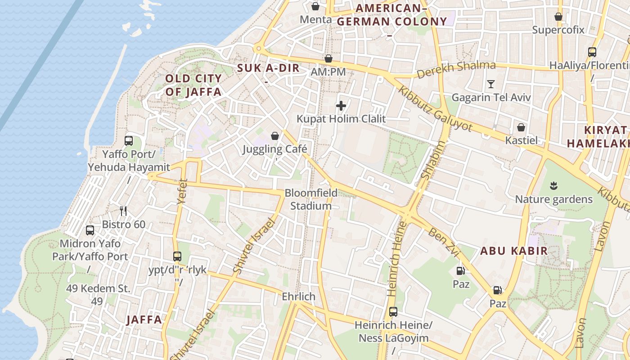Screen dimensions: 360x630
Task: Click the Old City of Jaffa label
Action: point(193,85)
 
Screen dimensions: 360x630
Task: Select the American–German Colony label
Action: point(391,15)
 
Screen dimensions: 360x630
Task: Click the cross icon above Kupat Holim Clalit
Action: point(341,106)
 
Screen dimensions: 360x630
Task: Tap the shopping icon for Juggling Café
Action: point(274,136)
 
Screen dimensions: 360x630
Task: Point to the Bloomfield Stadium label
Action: point(310,199)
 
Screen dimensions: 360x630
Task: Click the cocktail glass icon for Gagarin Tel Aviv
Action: point(491,84)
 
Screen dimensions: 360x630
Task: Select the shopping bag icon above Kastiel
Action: point(521,127)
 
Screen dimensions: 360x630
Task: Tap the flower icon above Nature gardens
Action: point(553,185)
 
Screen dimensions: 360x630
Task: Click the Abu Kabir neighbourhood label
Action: point(514,251)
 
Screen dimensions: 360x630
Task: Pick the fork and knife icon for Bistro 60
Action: point(123,211)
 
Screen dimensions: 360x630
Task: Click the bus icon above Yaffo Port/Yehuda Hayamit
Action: point(129,141)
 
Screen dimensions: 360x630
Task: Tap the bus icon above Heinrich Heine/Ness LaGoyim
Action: point(393,311)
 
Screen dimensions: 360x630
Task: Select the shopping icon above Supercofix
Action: point(558,17)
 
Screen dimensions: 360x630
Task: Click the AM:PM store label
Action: point(328,72)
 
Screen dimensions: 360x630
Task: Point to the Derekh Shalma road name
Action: point(456,69)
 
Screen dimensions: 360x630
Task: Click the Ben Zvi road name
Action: point(443,239)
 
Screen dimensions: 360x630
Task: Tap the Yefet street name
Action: point(182,192)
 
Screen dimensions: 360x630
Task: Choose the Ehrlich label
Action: point(298,297)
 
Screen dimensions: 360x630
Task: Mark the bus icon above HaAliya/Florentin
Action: point(592,52)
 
